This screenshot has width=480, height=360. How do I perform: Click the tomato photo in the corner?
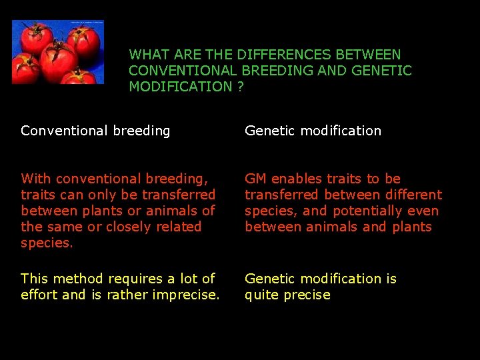[58, 52]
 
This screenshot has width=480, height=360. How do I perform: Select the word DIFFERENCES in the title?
[284, 55]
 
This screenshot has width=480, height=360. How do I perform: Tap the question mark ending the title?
[240, 86]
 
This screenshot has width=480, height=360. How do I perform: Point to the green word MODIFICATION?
[181, 86]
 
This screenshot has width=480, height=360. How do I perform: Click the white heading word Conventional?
[64, 131]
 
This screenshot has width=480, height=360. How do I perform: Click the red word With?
[36, 179]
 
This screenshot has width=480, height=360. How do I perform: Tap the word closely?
[128, 227]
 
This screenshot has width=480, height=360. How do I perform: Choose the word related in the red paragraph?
[179, 227]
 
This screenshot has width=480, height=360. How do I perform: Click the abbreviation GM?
[255, 179]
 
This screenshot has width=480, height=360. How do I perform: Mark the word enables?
[297, 179]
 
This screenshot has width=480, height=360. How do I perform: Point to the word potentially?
[367, 211]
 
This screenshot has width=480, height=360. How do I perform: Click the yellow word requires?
[135, 279]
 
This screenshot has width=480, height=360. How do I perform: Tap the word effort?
[39, 295]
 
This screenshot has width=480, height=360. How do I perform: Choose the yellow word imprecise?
[186, 295]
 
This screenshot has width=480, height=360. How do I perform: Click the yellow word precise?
[307, 295]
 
